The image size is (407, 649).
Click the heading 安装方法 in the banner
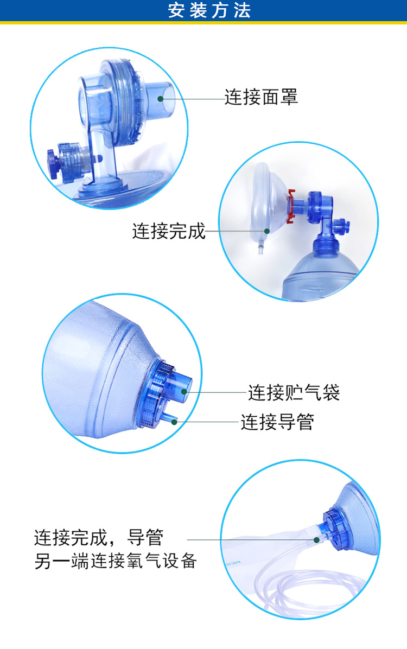[x=209, y=11]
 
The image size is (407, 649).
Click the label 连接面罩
[x=261, y=98]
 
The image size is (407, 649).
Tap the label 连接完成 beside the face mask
[x=169, y=231]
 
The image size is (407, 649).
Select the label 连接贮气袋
[x=294, y=392]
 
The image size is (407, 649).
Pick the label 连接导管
[x=277, y=422]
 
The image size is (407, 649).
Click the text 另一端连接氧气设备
[x=115, y=561]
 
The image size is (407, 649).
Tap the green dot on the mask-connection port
[x=161, y=99]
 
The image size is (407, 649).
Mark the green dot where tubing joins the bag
[x=317, y=540]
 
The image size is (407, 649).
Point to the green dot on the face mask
[x=266, y=231]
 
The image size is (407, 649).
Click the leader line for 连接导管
[x=209, y=422]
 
